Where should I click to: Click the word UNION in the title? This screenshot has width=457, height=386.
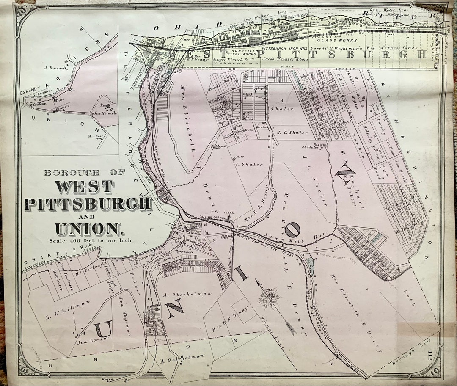pos(88,229)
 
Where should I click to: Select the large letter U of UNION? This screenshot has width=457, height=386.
pos(103,329)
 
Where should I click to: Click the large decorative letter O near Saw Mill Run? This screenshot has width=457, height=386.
pos(292,229)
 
